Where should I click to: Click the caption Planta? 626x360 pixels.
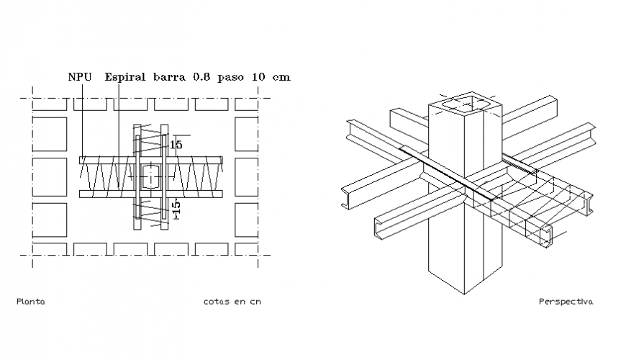[x=30, y=302]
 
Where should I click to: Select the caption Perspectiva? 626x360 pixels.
[x=566, y=302]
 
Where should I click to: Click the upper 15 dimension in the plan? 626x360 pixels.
[x=176, y=145]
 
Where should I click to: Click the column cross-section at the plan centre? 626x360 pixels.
[x=150, y=176]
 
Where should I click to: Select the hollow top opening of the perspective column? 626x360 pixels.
[x=464, y=104]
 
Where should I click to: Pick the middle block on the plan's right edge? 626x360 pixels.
[x=246, y=176]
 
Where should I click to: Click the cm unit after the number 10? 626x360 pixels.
[x=283, y=76]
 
